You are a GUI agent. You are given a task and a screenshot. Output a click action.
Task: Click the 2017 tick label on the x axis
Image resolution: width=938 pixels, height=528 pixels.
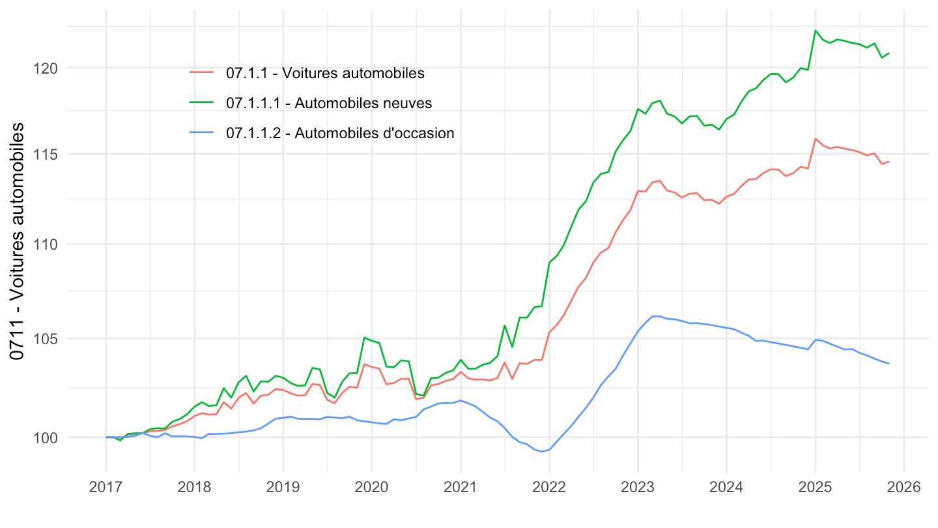click(106, 487)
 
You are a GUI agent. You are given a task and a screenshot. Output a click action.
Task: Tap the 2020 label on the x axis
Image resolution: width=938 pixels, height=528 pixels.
click(372, 487)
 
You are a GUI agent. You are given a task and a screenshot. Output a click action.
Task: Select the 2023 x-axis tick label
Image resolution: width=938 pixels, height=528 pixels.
click(638, 487)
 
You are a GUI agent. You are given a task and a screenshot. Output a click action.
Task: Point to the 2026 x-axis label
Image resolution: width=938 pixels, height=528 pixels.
click(903, 487)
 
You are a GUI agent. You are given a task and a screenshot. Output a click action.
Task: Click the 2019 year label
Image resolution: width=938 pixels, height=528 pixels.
click(283, 487)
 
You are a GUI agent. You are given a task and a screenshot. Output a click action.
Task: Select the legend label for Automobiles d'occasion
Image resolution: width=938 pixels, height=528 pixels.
click(340, 133)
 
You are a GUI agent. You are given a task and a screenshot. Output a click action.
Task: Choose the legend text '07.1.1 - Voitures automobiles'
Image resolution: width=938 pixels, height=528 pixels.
click(325, 73)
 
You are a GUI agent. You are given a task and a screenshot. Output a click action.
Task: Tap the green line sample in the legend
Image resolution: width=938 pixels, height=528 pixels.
click(202, 103)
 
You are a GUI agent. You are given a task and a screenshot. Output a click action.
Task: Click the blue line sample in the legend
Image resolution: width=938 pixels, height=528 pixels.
click(202, 133)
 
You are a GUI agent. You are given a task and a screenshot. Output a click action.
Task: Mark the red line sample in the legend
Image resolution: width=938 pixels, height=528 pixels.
click(202, 73)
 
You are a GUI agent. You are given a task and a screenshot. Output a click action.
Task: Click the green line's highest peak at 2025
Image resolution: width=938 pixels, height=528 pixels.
click(815, 31)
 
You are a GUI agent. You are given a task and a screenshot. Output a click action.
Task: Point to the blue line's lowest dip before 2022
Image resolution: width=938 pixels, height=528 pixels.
click(542, 451)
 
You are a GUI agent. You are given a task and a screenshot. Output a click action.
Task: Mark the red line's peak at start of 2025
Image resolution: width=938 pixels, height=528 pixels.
click(815, 139)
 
